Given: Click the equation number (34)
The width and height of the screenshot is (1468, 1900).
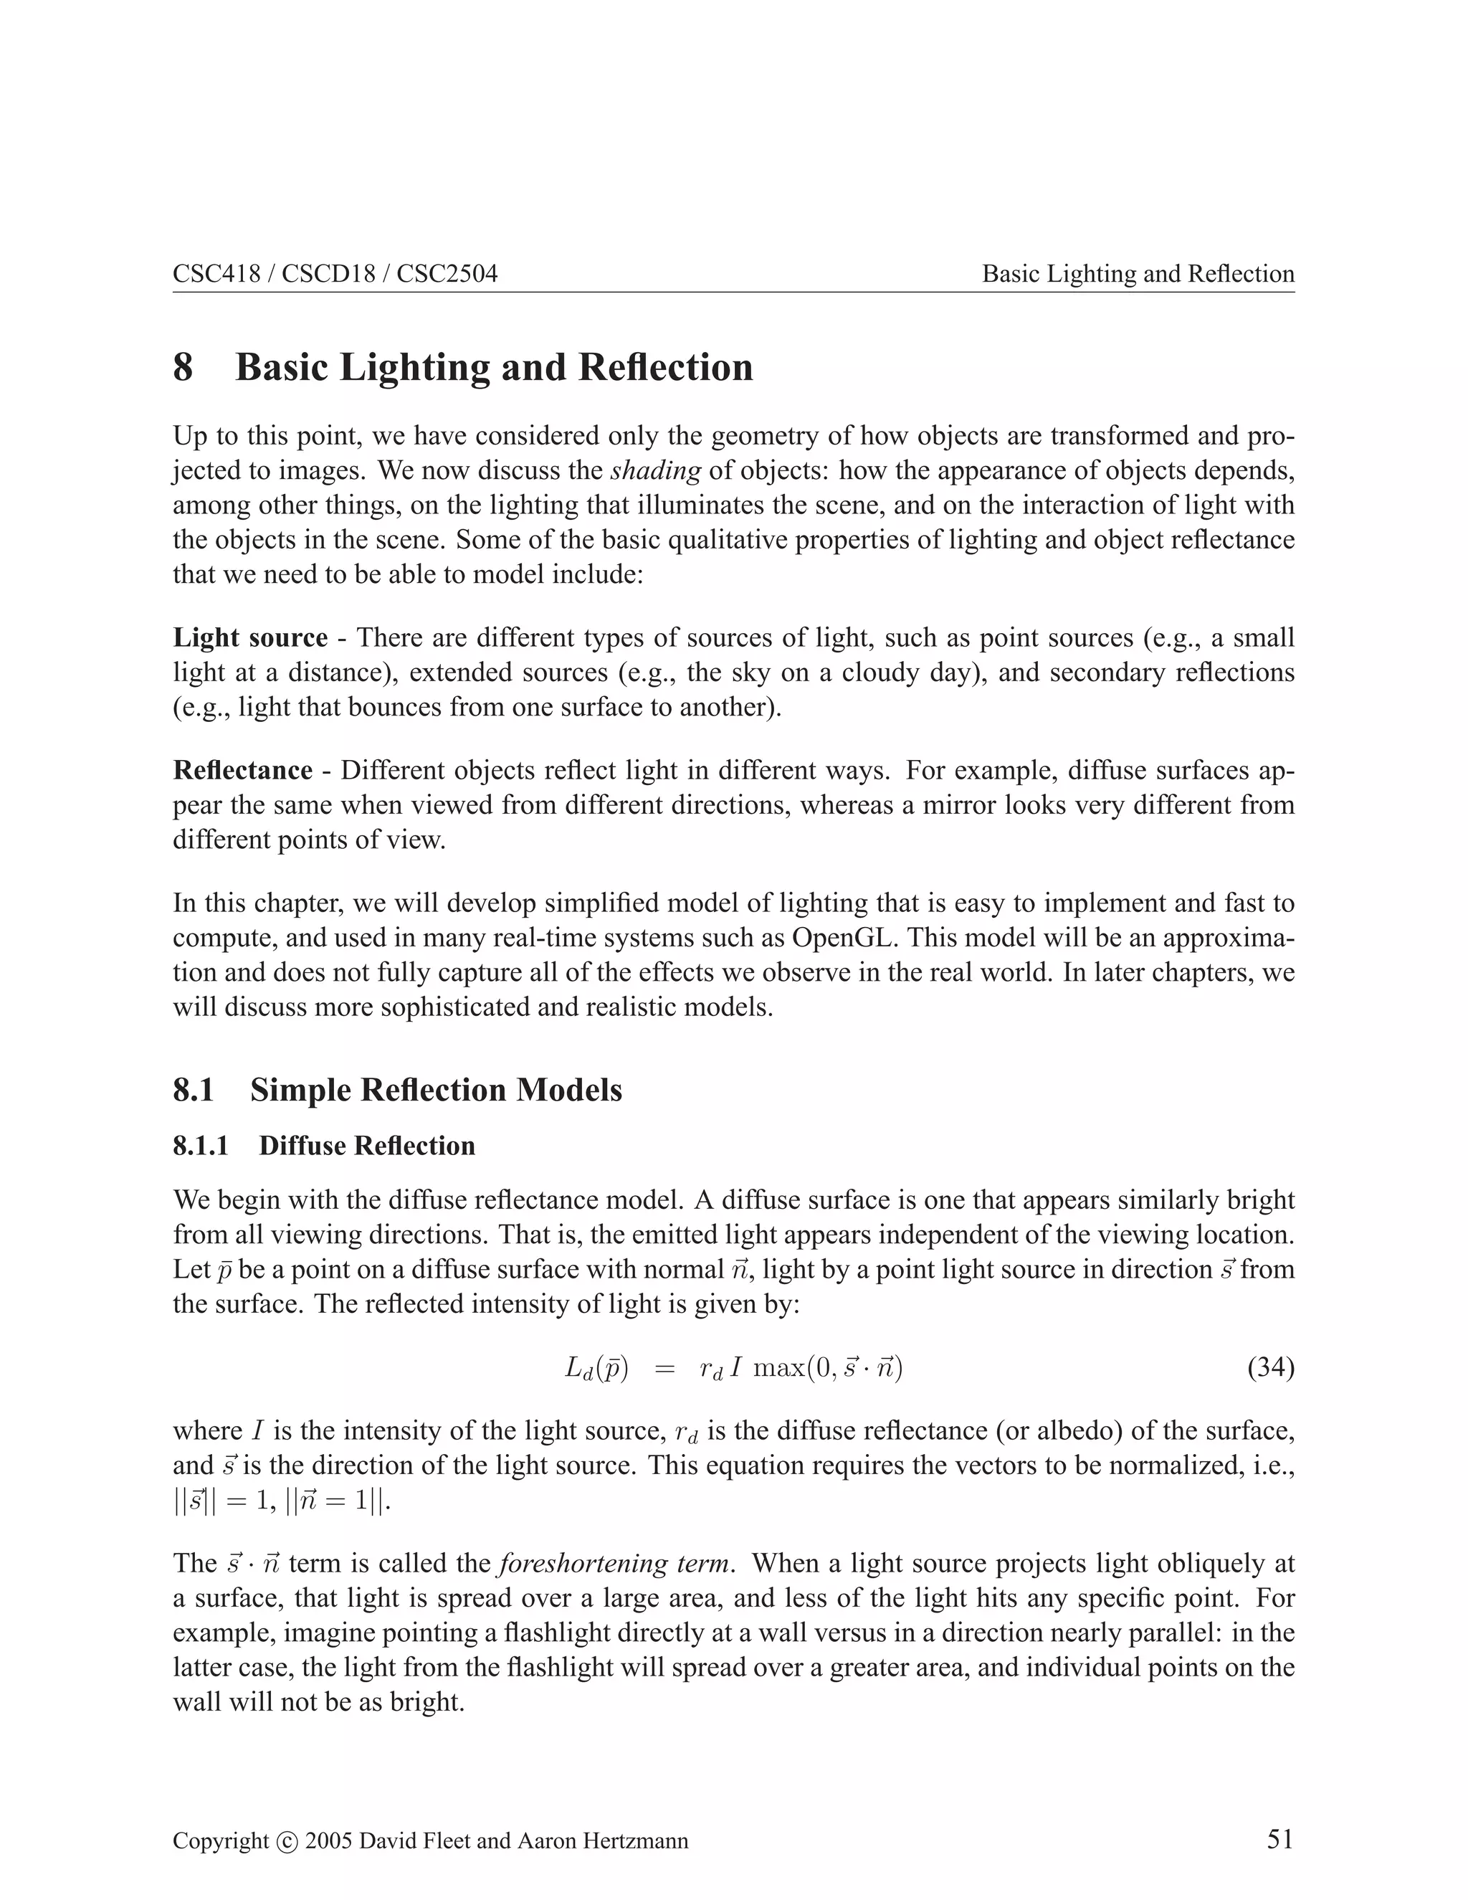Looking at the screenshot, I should pos(1271,1369).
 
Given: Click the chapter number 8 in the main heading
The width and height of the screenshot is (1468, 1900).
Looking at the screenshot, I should pos(183,367).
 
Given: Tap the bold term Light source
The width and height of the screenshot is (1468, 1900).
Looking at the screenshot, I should pos(250,637).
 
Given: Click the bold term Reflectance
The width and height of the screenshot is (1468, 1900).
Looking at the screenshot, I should pos(243,770).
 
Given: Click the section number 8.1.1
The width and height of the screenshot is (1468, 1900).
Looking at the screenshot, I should pos(201,1146).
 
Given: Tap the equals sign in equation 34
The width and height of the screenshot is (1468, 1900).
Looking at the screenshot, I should pos(664,1369).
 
